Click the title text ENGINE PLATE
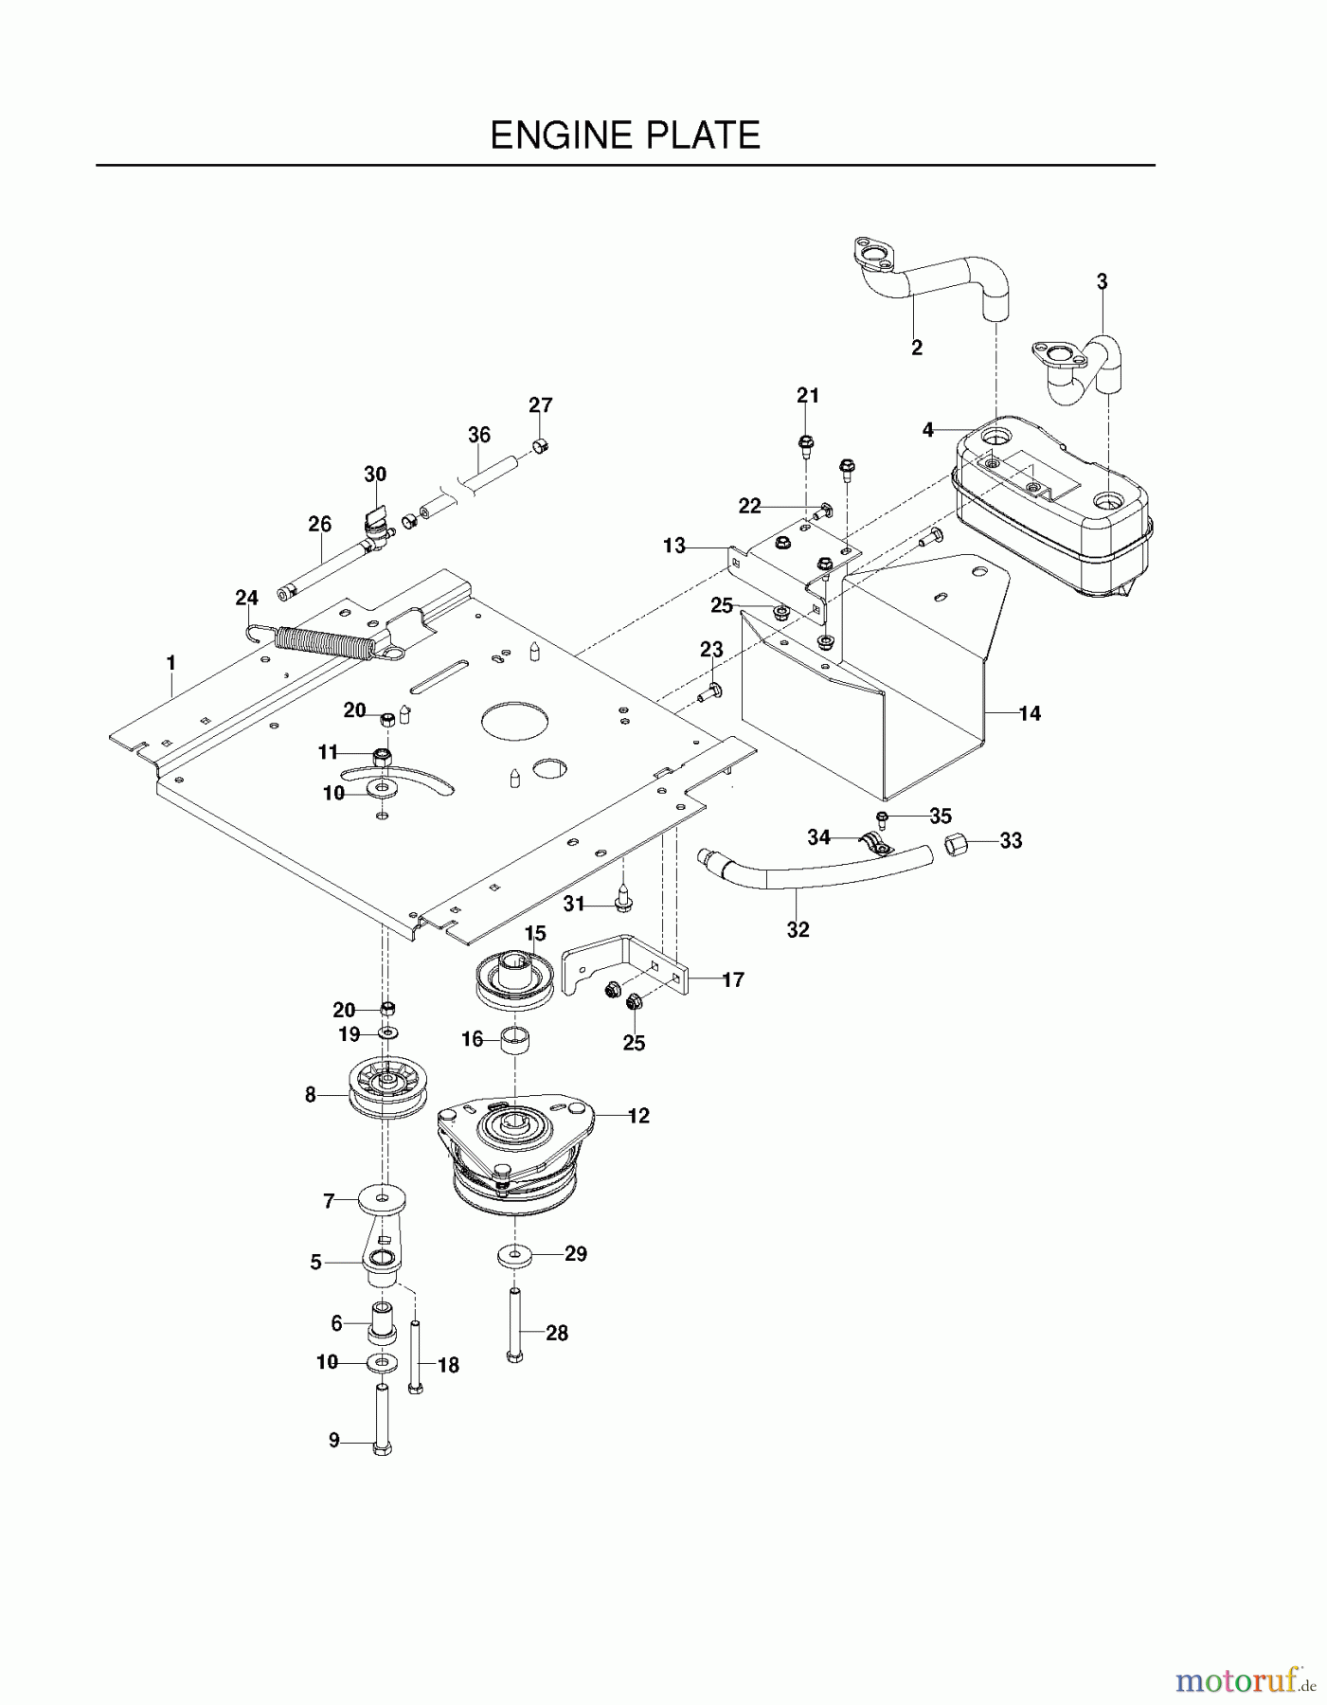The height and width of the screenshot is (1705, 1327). pyautogui.click(x=625, y=135)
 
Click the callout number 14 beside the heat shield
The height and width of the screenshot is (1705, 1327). pyautogui.click(x=1030, y=714)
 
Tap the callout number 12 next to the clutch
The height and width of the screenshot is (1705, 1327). pyautogui.click(x=638, y=1116)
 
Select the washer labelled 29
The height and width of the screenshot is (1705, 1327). pyautogui.click(x=512, y=1256)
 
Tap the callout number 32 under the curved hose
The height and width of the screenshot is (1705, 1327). pyautogui.click(x=798, y=930)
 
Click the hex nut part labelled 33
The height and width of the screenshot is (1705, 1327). pyautogui.click(x=956, y=841)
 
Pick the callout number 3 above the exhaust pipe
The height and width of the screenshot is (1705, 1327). pyautogui.click(x=1102, y=281)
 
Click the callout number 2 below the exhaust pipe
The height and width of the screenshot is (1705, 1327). pyautogui.click(x=916, y=348)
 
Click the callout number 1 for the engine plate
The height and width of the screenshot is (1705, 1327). pyautogui.click(x=170, y=663)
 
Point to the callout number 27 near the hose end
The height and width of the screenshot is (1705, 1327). pyautogui.click(x=540, y=404)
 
